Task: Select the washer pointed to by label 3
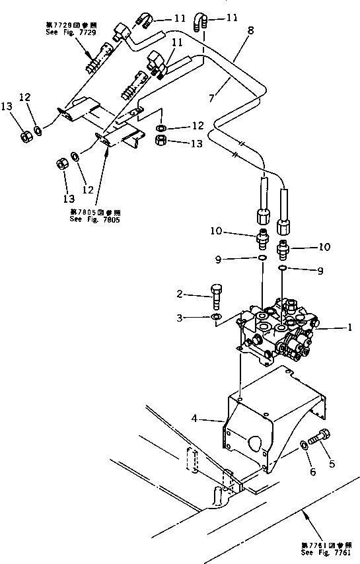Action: tap(215, 318)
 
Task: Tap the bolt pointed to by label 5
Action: tap(324, 438)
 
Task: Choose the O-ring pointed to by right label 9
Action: tap(282, 269)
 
